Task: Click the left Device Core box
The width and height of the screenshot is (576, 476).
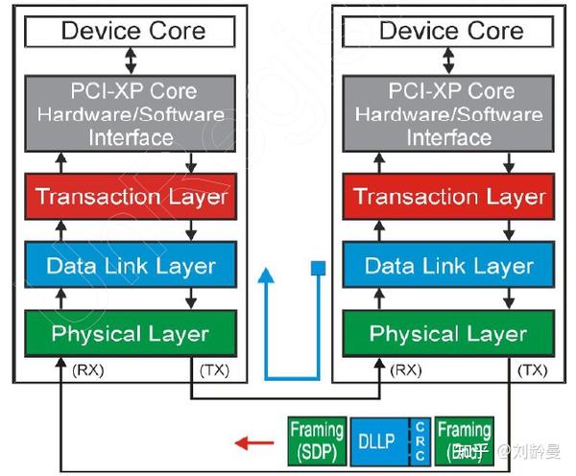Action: pyautogui.click(x=132, y=31)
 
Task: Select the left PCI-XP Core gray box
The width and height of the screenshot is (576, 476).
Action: pyautogui.click(x=132, y=114)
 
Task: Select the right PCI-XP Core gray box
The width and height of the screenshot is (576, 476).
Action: pyautogui.click(x=449, y=114)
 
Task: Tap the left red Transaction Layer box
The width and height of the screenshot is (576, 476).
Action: pyautogui.click(x=132, y=198)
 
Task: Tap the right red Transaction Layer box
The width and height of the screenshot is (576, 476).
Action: pyautogui.click(x=449, y=198)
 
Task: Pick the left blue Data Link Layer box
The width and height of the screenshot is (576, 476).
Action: pyautogui.click(x=132, y=266)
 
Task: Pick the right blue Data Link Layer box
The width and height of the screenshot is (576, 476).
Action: pyautogui.click(x=449, y=266)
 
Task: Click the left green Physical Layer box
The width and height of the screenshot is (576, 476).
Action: pyautogui.click(x=132, y=334)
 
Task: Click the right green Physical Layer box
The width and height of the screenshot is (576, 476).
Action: pyautogui.click(x=449, y=334)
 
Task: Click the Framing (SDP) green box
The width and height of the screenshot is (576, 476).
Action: pyautogui.click(x=317, y=441)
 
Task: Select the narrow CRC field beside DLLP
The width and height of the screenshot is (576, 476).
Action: pyautogui.click(x=420, y=441)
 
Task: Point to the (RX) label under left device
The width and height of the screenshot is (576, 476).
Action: pyautogui.click(x=88, y=369)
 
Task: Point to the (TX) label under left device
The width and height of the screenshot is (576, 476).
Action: pyautogui.click(x=213, y=369)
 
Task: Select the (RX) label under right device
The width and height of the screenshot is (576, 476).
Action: pyautogui.click(x=406, y=369)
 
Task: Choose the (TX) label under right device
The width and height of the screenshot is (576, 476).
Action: pyautogui.click(x=532, y=369)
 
